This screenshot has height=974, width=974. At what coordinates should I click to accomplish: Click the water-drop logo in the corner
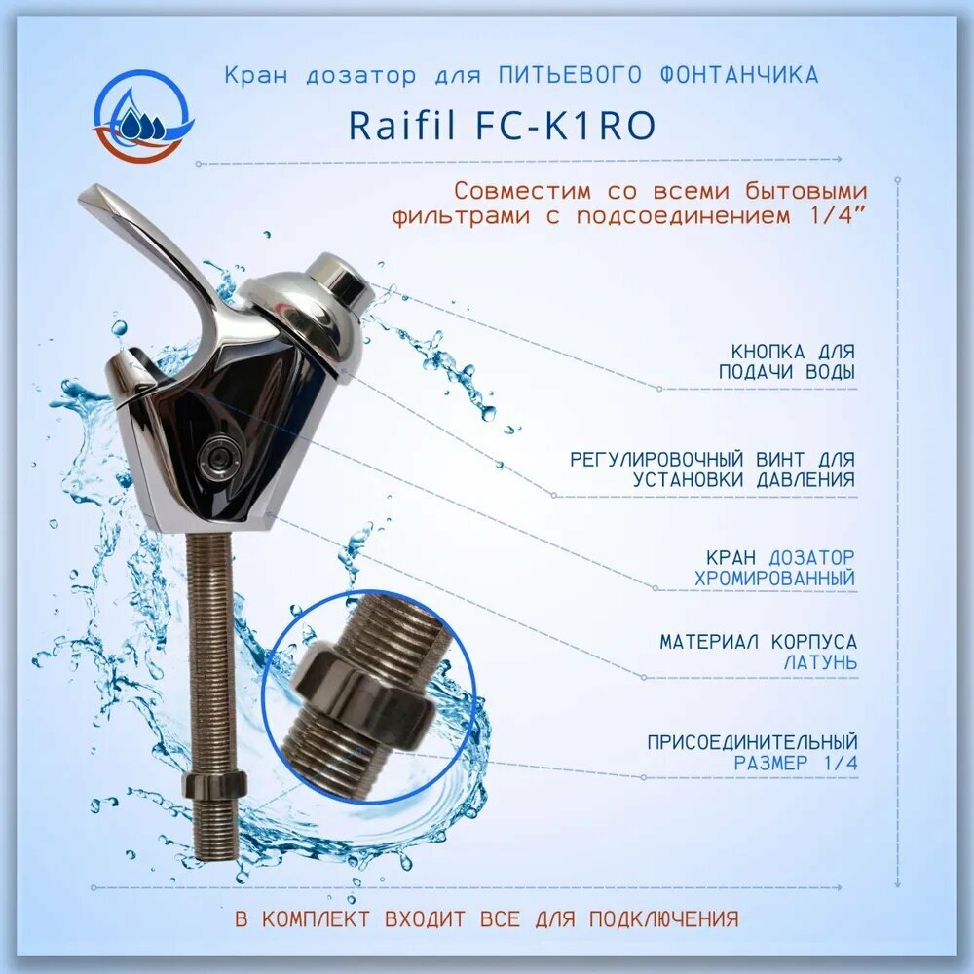point(143,116)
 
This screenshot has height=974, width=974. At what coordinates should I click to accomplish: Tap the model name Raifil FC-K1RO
point(501,126)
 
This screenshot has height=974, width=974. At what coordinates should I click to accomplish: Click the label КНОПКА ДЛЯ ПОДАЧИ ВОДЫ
point(787,361)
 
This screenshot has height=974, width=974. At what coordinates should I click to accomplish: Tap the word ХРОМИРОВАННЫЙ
point(775,578)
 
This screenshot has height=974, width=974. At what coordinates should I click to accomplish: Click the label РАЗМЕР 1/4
point(796,764)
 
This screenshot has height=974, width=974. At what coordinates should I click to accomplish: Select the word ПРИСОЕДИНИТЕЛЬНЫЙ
point(752,742)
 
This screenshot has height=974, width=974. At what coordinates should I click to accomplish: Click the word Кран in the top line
point(252,75)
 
